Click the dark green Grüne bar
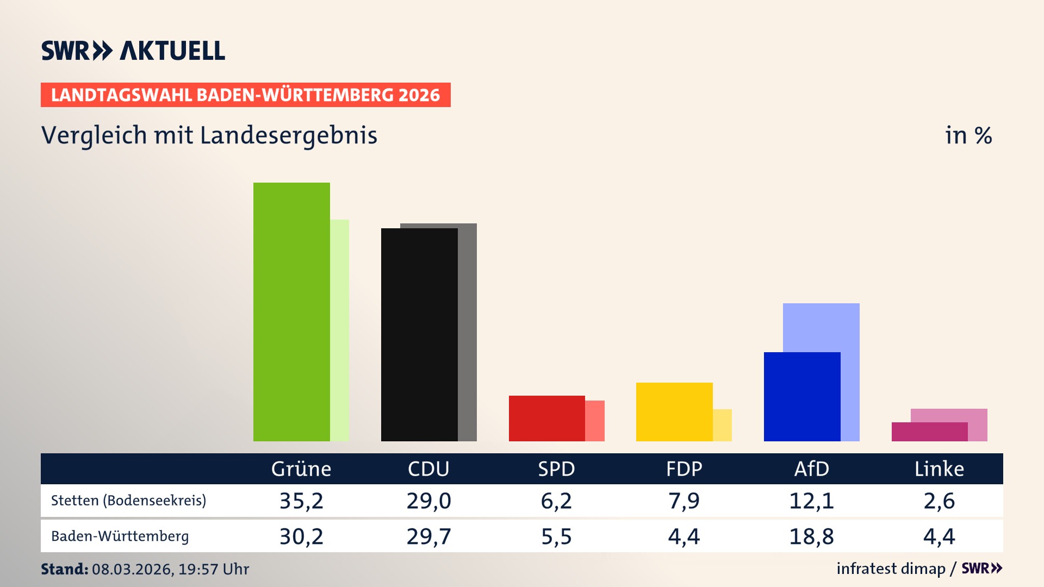291,312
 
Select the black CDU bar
419,335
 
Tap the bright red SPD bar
546,419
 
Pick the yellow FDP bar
674,412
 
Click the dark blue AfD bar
802,397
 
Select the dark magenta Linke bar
929,432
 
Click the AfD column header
811,469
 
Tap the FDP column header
684,469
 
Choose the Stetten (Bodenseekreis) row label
128,501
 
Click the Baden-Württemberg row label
120,536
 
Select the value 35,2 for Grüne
301,501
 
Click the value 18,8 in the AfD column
811,536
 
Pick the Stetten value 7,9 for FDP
684,501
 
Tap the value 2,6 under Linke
939,501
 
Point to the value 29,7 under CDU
428,536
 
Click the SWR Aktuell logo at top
133,51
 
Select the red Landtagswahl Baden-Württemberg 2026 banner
245,95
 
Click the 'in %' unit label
968,135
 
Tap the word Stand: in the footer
64,569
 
